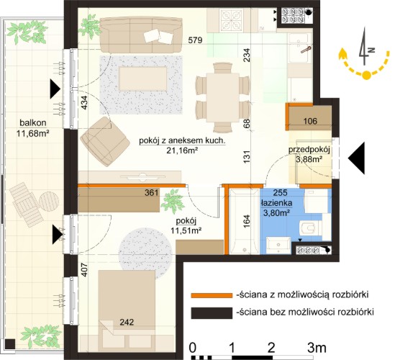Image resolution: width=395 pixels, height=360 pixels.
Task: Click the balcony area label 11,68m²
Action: pos(33,133)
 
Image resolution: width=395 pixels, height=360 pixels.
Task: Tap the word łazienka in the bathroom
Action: pos(276,203)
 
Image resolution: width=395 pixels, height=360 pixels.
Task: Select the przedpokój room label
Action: pos(309,150)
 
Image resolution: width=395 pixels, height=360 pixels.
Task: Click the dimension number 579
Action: pos(195,40)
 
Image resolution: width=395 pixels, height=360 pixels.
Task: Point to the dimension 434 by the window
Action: pos(85,103)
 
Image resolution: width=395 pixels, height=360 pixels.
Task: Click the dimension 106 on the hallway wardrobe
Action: pos(310,121)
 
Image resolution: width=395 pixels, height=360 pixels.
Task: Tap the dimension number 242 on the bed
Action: pos(127,322)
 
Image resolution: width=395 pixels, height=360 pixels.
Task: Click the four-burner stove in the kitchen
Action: pos(231,19)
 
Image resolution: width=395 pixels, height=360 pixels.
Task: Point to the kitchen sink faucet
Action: pos(306,50)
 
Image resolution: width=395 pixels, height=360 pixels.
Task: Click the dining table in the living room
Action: pos(222,97)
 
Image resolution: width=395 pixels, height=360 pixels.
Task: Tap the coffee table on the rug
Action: pos(143,78)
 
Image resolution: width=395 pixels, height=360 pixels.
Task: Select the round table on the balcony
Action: pos(49,202)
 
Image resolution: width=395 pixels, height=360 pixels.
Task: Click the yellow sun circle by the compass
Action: pos(367,75)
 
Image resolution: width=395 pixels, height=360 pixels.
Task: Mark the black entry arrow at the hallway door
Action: pos(356,158)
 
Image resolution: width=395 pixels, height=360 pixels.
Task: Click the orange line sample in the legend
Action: pos(212,295)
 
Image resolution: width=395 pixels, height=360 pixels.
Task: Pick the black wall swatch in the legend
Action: pos(212,313)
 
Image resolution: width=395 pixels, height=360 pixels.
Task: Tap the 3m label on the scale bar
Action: pos(317,348)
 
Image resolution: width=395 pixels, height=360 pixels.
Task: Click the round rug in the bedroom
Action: pos(145,253)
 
